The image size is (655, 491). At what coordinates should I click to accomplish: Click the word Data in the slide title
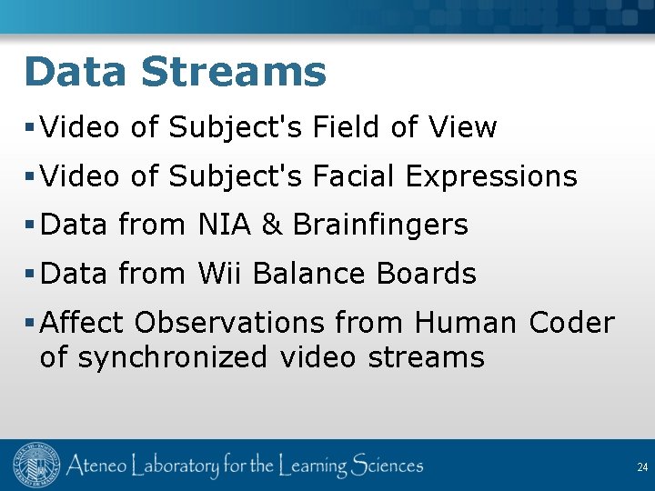pyautogui.click(x=75, y=72)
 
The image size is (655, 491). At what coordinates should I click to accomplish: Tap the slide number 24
pyautogui.click(x=642, y=467)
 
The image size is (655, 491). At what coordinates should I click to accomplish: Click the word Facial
pyautogui.click(x=355, y=175)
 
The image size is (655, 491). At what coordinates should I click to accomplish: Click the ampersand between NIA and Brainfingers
pyautogui.click(x=272, y=225)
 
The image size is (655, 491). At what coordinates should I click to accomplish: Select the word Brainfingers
pyautogui.click(x=380, y=225)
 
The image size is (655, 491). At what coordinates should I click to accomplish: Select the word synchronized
pyautogui.click(x=173, y=357)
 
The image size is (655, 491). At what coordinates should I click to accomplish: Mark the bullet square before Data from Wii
pyautogui.click(x=31, y=274)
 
